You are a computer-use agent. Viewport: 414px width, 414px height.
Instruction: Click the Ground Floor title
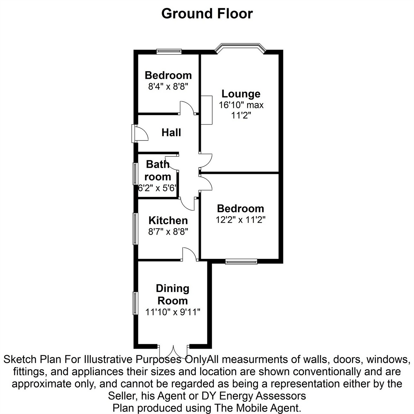[x=207, y=14]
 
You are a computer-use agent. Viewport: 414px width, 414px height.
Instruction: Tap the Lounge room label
[x=241, y=94]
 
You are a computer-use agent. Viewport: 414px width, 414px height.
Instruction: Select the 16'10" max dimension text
[x=241, y=105]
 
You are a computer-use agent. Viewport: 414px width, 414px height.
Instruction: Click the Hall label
[x=171, y=132]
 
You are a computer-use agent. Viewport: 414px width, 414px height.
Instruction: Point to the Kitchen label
[x=168, y=220]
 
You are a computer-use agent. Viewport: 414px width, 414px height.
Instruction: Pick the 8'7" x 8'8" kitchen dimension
[x=168, y=232]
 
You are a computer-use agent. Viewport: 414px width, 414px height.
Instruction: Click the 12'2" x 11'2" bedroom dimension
[x=240, y=220]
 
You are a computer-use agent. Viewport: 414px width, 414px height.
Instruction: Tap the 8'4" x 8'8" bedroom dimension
[x=168, y=86]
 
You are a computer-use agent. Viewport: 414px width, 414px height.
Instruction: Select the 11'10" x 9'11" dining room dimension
[x=173, y=312]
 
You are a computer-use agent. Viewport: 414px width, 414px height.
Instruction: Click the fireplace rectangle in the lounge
[x=206, y=110]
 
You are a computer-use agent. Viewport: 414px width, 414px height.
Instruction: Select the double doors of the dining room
[x=174, y=350]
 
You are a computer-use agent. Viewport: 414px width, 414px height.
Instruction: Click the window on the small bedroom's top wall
[x=169, y=52]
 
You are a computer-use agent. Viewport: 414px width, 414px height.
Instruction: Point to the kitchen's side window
[x=135, y=229]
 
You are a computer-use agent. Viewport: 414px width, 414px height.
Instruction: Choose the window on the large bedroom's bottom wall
[x=241, y=262]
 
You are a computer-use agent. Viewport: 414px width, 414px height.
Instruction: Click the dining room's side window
[x=135, y=303]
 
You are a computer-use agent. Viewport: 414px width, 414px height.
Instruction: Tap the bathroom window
[x=135, y=174]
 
